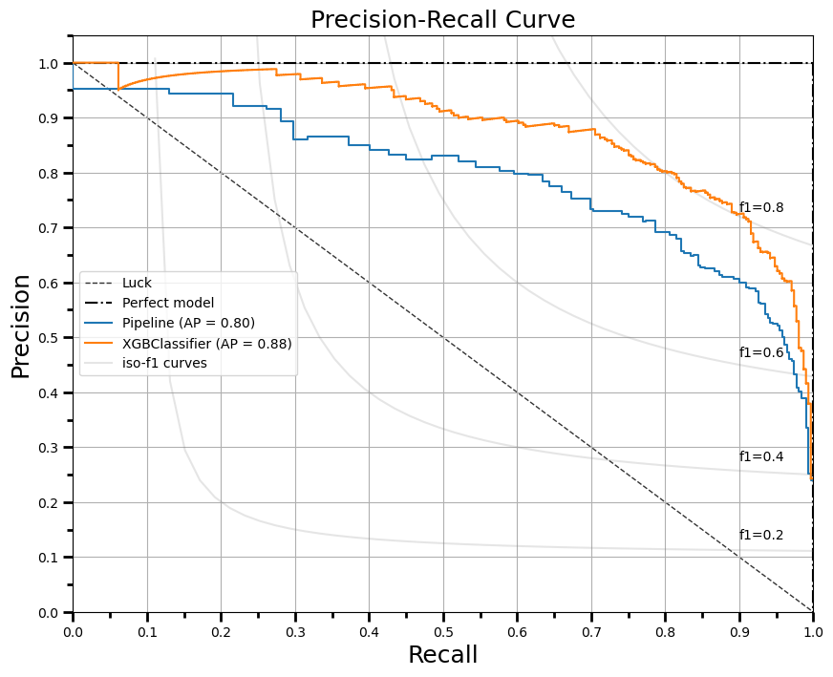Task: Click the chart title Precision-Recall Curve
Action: tap(442, 20)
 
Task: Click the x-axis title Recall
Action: tap(442, 655)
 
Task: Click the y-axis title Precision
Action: tap(21, 325)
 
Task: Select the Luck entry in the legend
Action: tap(137, 283)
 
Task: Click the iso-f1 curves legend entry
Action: tap(164, 363)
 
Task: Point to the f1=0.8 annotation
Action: tap(761, 207)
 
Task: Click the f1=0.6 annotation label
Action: tap(761, 352)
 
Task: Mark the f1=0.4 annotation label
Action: tap(761, 456)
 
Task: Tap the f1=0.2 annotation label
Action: tap(761, 535)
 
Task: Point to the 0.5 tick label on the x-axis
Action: tap(442, 631)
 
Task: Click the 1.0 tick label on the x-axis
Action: tap(813, 631)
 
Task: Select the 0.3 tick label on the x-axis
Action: tap(294, 631)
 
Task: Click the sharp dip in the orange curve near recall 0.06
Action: tap(118, 89)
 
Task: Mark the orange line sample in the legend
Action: tap(99, 343)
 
